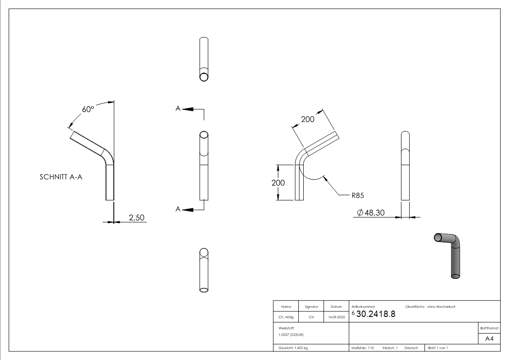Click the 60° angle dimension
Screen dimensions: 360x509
pyautogui.click(x=87, y=109)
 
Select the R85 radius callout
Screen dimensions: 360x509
pyautogui.click(x=358, y=195)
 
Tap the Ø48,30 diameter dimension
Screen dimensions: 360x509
pyautogui.click(x=371, y=212)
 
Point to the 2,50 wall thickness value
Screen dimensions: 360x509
pyautogui.click(x=136, y=218)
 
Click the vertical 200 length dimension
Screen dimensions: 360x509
pyautogui.click(x=278, y=183)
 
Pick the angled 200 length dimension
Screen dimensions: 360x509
pyautogui.click(x=308, y=119)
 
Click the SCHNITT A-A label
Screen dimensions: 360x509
pyautogui.click(x=61, y=178)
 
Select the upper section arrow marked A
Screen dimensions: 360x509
pyautogui.click(x=185, y=109)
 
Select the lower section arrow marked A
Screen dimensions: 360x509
pyautogui.click(x=185, y=209)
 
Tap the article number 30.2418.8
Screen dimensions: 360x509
pyautogui.click(x=375, y=315)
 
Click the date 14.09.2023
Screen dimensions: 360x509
pyautogui.click(x=336, y=317)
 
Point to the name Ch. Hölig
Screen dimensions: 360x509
pyautogui.click(x=286, y=317)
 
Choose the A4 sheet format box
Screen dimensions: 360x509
pyautogui.click(x=489, y=339)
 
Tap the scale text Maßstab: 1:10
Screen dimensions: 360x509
pyautogui.click(x=363, y=348)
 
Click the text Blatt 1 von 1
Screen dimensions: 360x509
pyautogui.click(x=438, y=348)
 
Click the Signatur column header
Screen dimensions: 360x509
pyautogui.click(x=311, y=307)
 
